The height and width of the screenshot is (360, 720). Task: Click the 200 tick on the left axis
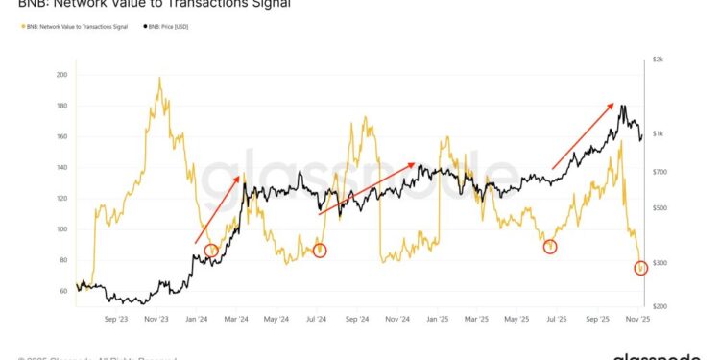(61, 75)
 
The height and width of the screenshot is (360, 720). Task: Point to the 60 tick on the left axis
(64, 291)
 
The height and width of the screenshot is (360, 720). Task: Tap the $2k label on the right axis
(659, 60)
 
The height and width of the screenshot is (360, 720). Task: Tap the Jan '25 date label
(437, 318)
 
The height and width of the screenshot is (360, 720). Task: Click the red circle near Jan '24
(211, 251)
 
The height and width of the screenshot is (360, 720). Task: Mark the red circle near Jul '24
(320, 251)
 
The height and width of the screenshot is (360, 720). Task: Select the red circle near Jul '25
(550, 247)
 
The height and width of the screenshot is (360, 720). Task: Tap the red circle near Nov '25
(641, 269)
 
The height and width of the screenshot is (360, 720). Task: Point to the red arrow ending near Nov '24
(367, 187)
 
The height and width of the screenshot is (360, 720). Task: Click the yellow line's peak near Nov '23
(158, 79)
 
